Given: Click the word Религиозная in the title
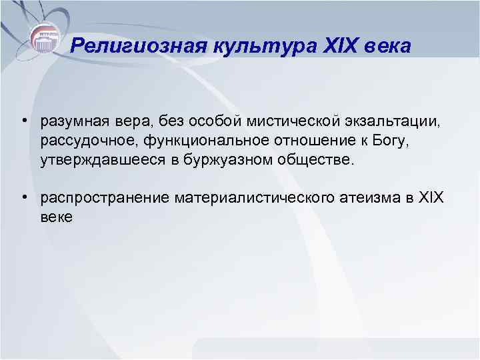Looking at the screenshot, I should click(129, 46).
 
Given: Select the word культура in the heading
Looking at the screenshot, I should click(244, 46).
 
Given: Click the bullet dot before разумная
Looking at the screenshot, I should click(23, 122).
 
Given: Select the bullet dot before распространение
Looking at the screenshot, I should click(23, 198).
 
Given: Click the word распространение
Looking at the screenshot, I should click(105, 198).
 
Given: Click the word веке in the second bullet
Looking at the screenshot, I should click(57, 217).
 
